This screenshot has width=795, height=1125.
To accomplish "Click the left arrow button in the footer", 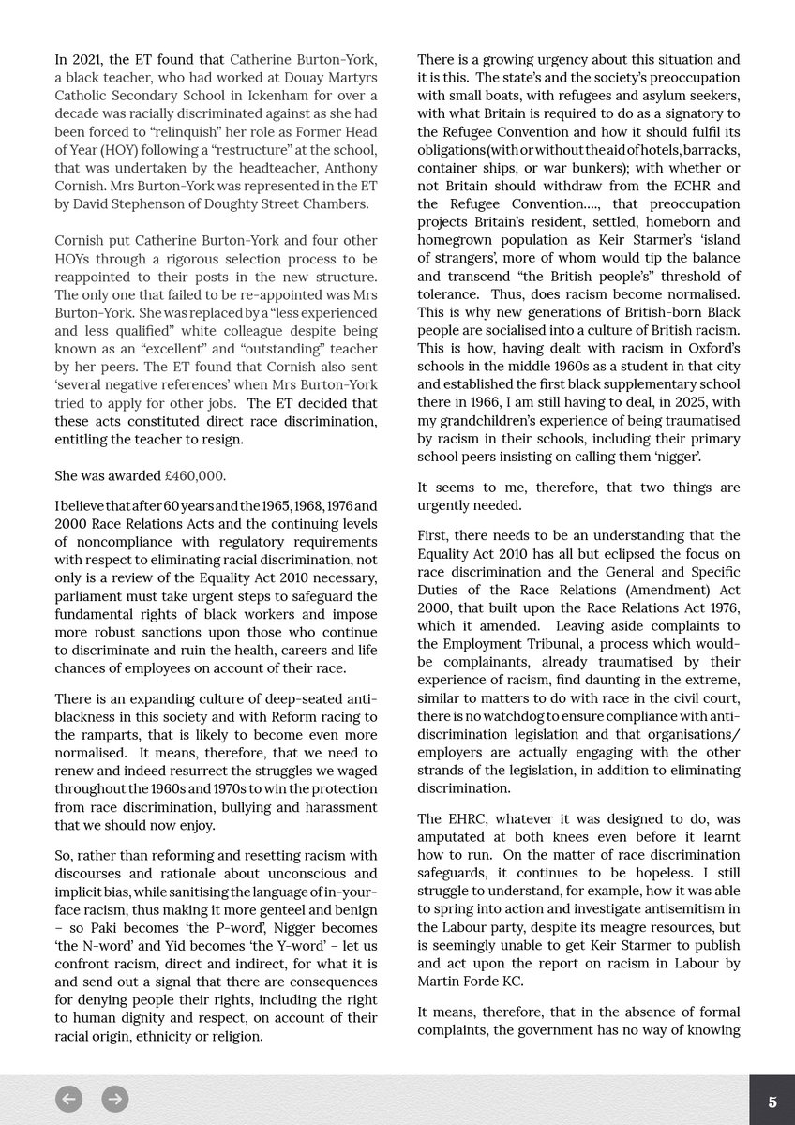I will [68, 1099].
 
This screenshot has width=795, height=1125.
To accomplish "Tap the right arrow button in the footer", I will [115, 1099].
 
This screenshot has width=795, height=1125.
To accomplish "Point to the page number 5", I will [772, 1102].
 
